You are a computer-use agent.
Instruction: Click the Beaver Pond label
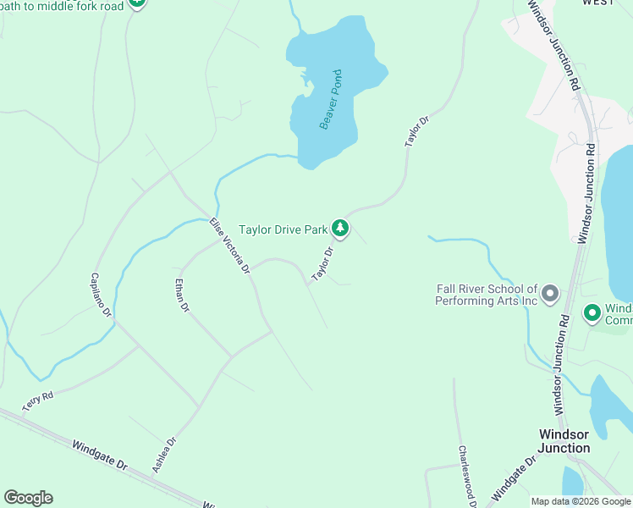(330, 99)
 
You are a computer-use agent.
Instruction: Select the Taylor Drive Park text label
(283, 229)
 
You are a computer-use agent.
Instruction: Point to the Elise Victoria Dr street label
(230, 246)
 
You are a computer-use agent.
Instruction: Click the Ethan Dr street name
(180, 296)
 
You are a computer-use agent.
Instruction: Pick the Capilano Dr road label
(102, 295)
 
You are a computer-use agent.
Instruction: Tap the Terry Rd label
(38, 401)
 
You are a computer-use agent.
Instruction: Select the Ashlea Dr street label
(164, 455)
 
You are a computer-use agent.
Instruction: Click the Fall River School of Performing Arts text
(487, 295)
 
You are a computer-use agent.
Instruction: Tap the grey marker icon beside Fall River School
(550, 295)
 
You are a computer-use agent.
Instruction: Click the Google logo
(28, 498)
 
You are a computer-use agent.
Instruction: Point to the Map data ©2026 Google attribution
(581, 501)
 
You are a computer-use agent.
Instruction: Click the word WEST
(597, 3)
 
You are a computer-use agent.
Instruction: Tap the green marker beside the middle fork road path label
(137, 4)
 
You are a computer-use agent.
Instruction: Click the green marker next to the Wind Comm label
(592, 313)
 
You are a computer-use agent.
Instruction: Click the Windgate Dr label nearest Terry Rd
(99, 455)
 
